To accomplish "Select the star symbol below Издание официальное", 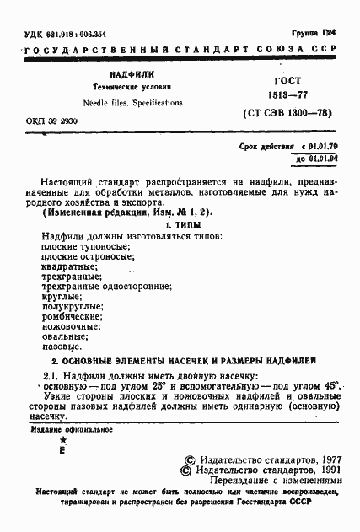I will coord(62,440).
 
